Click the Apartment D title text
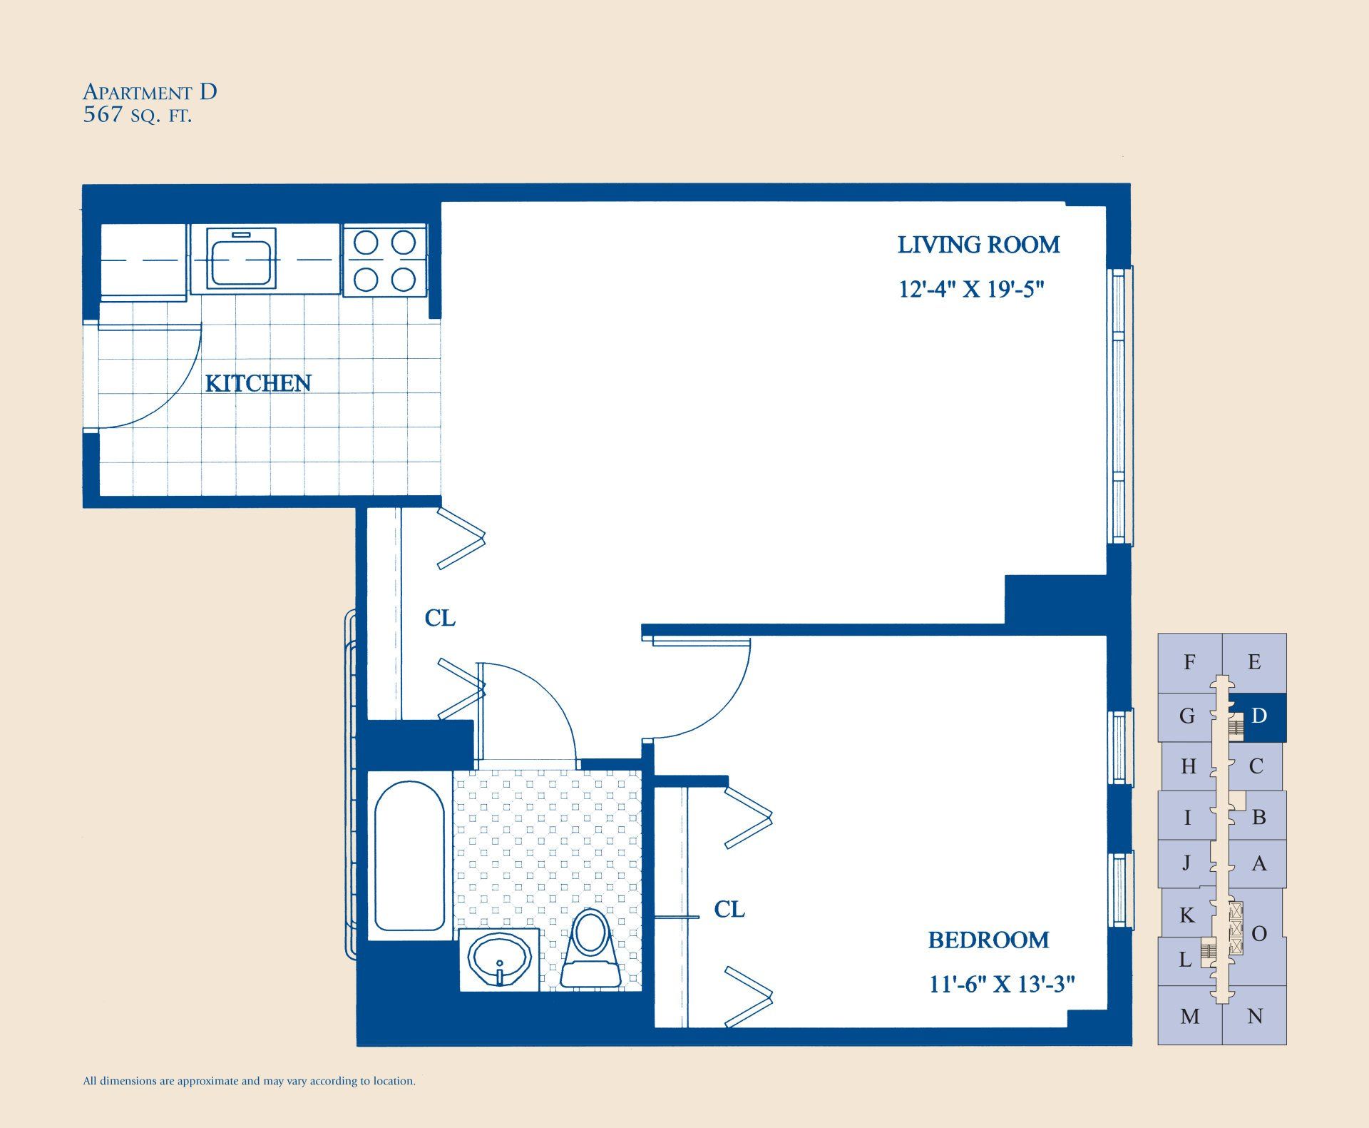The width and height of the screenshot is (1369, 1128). (x=150, y=92)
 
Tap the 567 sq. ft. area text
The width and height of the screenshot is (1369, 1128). (x=137, y=116)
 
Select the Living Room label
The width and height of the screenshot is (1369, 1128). (x=978, y=245)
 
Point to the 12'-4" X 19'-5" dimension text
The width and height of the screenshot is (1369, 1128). (x=971, y=289)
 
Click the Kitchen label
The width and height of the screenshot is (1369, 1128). (x=258, y=383)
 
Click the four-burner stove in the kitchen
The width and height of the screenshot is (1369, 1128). (x=385, y=260)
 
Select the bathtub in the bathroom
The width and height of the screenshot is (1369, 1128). (x=409, y=855)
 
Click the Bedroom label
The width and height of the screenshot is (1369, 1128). (x=988, y=940)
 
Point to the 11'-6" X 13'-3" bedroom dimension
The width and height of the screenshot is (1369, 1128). (x=1001, y=984)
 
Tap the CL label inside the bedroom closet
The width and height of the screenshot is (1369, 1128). (x=729, y=909)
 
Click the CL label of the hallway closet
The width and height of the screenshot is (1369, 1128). (x=440, y=618)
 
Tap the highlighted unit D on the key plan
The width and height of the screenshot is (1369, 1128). (x=1259, y=716)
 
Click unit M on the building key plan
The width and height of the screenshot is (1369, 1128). (x=1189, y=1016)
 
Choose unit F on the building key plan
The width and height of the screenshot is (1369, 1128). (x=1189, y=662)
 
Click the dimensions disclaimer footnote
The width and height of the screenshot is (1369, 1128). (x=250, y=1081)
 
